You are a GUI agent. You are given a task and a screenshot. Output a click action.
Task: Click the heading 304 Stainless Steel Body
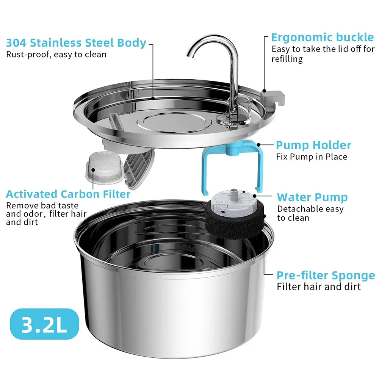click(76, 43)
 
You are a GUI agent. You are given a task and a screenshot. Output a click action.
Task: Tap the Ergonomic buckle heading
click(322, 38)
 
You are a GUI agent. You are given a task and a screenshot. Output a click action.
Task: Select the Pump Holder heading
click(313, 145)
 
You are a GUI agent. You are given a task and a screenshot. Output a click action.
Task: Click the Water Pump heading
click(312, 197)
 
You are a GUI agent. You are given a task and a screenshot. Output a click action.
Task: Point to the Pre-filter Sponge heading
click(326, 276)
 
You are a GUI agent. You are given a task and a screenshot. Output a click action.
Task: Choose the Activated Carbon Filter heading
click(68, 194)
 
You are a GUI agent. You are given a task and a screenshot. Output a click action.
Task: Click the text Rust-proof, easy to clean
click(56, 55)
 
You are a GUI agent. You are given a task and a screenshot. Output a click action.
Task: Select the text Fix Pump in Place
click(312, 157)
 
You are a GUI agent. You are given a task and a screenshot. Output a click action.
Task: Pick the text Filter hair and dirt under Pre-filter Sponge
click(319, 287)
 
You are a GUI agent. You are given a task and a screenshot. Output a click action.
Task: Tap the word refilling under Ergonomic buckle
click(287, 59)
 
